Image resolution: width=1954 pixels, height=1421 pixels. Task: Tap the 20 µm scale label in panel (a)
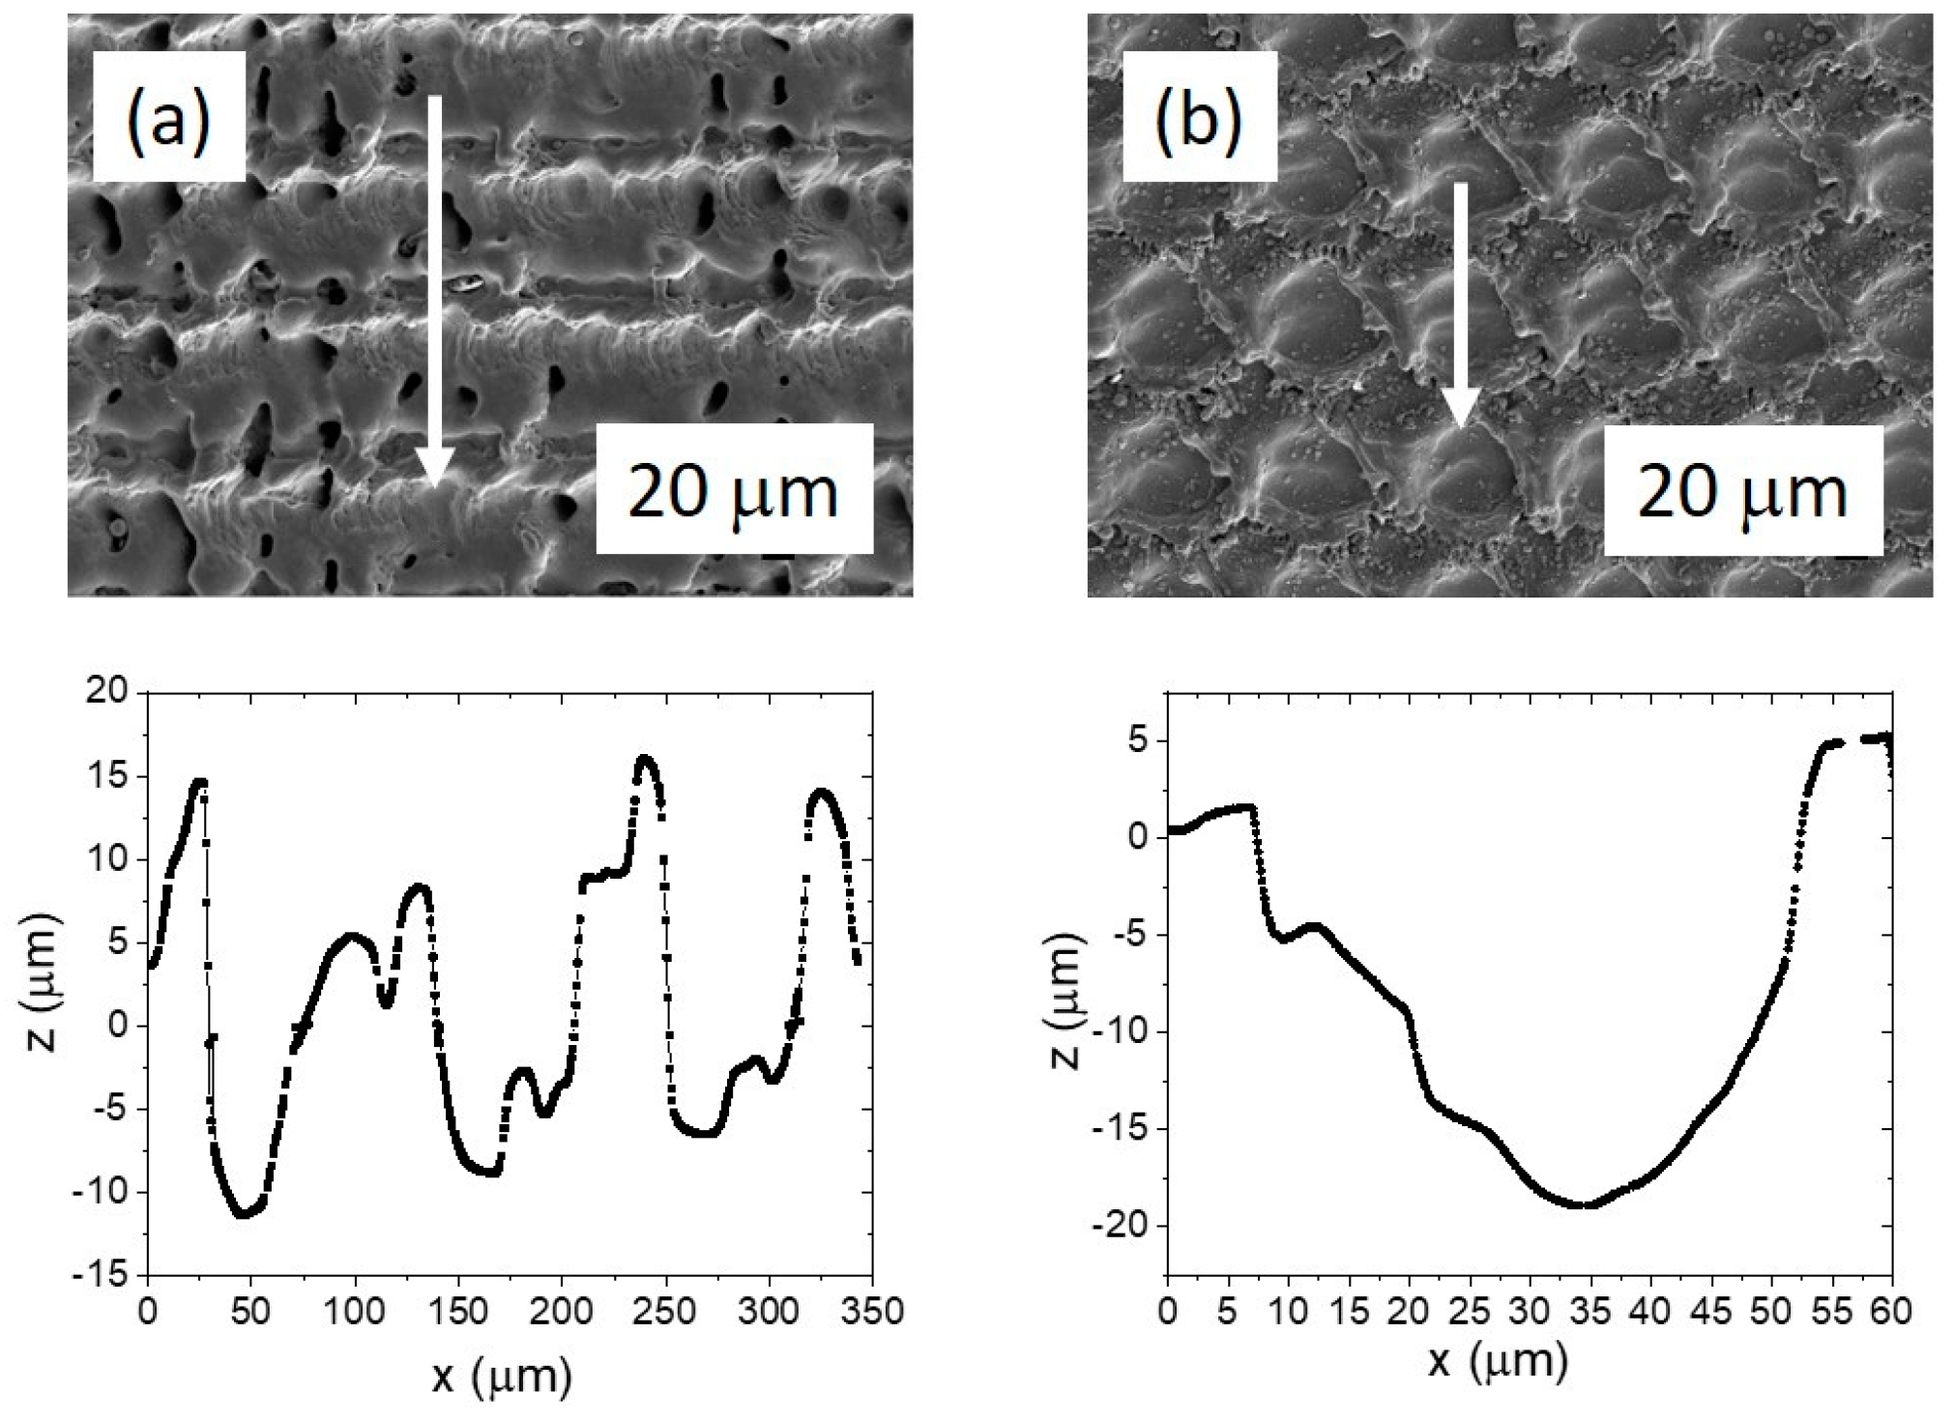click(x=734, y=490)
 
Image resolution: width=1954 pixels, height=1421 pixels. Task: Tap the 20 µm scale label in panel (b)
click(x=1742, y=492)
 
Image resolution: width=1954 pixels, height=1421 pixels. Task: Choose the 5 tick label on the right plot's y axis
click(x=1141, y=741)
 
